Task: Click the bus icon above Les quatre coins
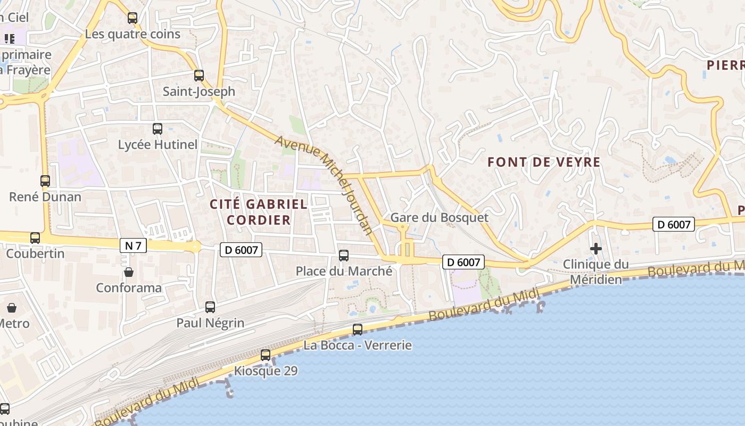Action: click(133, 18)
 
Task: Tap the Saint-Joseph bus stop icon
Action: click(199, 76)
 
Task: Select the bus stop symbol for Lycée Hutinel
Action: click(158, 128)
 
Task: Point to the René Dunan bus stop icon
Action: click(45, 181)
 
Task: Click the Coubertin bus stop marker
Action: click(35, 237)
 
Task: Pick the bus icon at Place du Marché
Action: click(344, 256)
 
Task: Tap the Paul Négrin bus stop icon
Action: click(210, 307)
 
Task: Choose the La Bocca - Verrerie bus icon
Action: click(358, 330)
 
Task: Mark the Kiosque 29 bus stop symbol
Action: click(266, 355)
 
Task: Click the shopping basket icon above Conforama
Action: click(129, 272)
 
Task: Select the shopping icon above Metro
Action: click(12, 308)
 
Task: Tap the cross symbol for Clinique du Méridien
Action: click(596, 248)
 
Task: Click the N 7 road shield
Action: click(133, 245)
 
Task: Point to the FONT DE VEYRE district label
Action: click(544, 162)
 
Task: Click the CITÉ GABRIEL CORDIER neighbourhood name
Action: click(259, 212)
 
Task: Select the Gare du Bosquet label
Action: click(439, 217)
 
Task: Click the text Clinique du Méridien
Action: click(596, 272)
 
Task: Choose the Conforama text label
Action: click(129, 288)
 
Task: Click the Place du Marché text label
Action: click(344, 271)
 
